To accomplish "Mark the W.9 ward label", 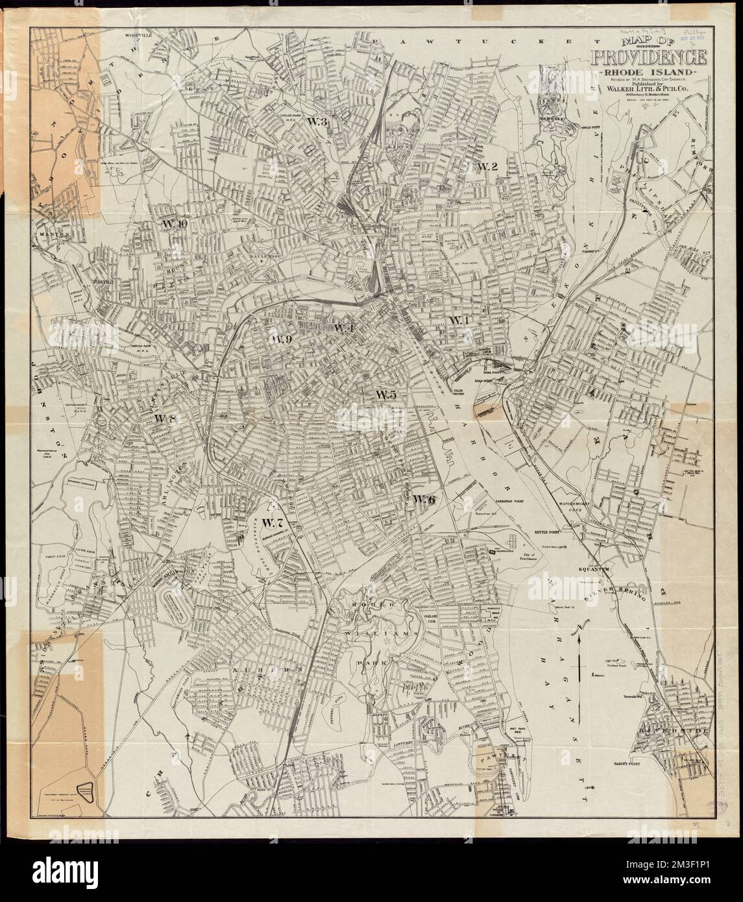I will (x=282, y=339).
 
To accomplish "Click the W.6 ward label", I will (x=423, y=498).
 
